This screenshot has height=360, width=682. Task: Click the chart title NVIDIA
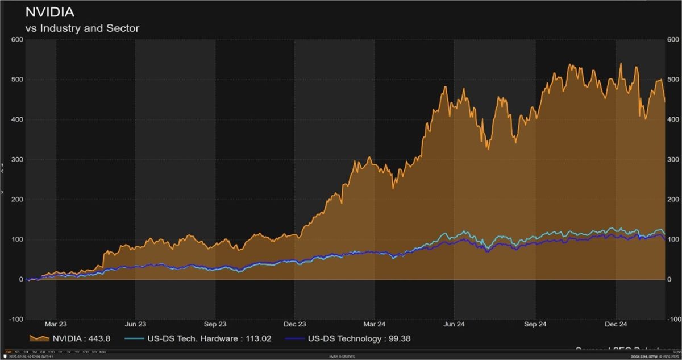[x=50, y=12]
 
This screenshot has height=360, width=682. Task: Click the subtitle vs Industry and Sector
[x=82, y=28]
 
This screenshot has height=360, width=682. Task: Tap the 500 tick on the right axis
[x=672, y=80]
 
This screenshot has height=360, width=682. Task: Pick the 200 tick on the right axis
[x=672, y=200]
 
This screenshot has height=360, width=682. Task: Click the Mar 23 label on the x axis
[x=55, y=324]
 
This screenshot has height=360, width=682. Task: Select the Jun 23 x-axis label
[x=135, y=324]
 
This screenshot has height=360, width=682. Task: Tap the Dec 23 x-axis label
[x=294, y=324]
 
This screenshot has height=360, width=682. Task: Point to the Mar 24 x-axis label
[x=374, y=324]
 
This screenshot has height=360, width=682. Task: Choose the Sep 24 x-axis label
[x=535, y=324]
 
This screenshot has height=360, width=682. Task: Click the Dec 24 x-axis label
[x=614, y=324]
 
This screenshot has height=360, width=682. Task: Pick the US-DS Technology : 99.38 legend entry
[x=359, y=338]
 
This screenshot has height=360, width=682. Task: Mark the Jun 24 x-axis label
[x=454, y=324]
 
